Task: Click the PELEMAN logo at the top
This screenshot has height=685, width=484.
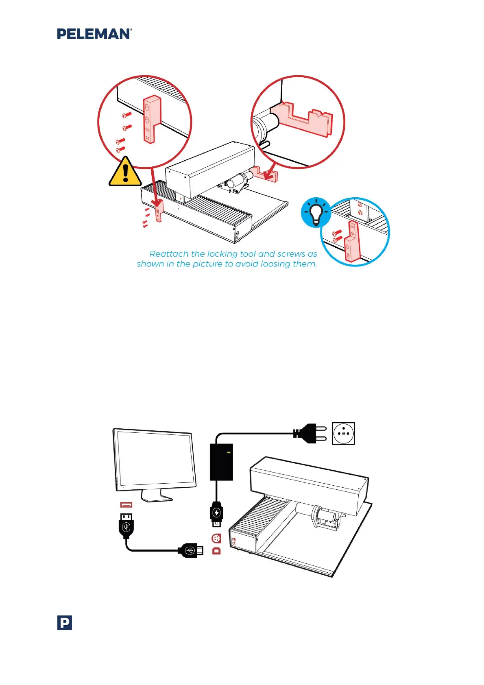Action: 94,34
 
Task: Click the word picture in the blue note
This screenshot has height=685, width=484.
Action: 207,264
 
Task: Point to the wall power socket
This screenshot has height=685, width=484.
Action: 343,434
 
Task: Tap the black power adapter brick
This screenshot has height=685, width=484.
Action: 221,462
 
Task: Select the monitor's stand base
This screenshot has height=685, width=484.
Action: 157,497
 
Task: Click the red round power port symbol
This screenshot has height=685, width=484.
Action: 216,539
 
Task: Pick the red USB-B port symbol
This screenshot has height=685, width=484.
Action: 216,551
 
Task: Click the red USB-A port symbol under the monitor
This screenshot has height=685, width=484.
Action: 126,505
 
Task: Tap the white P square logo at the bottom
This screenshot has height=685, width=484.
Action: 65,623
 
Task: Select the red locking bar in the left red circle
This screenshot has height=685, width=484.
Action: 151,120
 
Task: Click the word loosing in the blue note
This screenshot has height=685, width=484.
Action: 277,264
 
